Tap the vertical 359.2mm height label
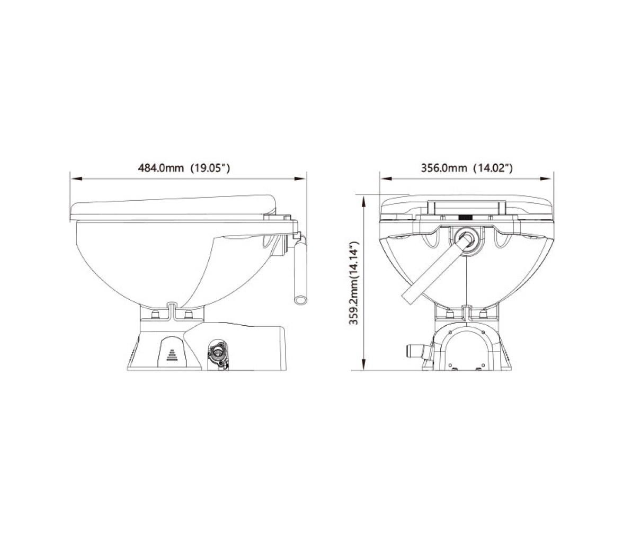pos(354,282)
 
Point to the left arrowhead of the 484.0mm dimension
pos(76,179)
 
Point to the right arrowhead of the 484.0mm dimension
pos(300,179)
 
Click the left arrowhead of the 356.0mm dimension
pos(386,179)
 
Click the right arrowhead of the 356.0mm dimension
pos(548,179)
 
